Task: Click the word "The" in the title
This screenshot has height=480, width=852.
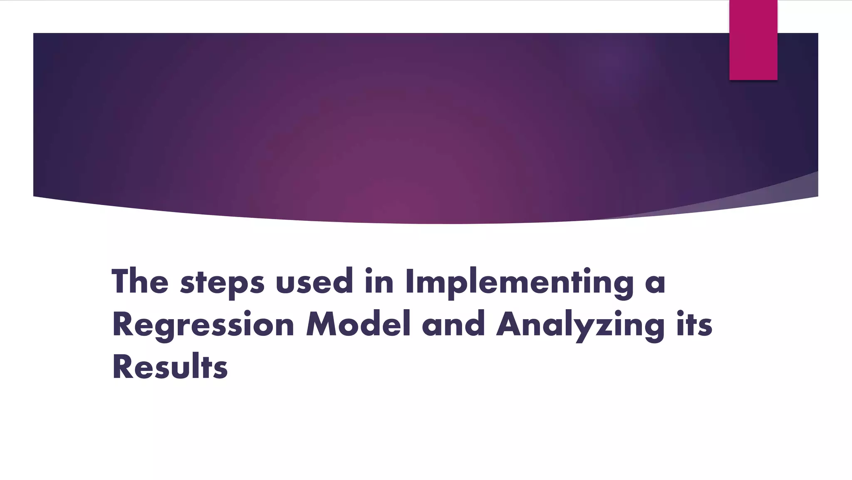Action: pos(140,282)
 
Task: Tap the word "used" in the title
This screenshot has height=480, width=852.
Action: pos(314,282)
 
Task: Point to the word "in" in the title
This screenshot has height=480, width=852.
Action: pos(379,282)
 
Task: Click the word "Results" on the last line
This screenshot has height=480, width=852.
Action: pos(170,367)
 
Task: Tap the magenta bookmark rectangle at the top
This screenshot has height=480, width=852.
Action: pos(753,40)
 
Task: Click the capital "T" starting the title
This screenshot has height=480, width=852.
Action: pos(121,282)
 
